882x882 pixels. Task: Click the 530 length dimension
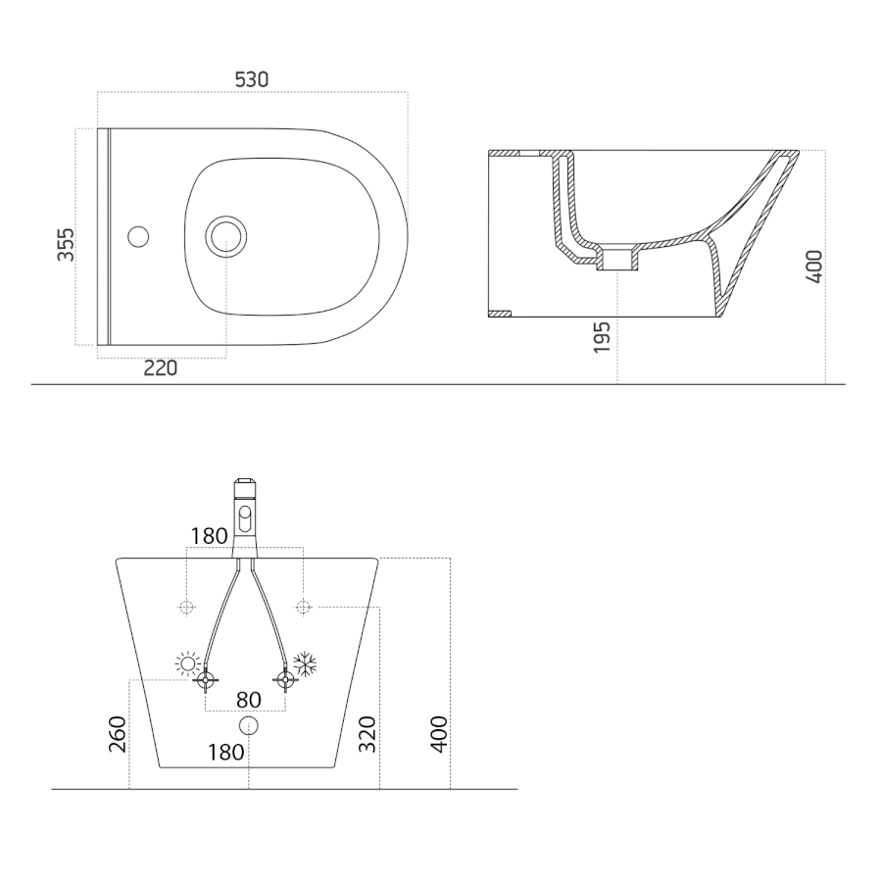[252, 80]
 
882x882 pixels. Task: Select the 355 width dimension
[66, 244]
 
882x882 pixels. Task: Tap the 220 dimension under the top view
[161, 367]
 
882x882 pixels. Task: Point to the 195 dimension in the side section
[602, 337]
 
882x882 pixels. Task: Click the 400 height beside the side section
[814, 266]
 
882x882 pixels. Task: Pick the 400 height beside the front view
[439, 733]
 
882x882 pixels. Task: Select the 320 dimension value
[367, 733]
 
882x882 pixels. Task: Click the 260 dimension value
[117, 733]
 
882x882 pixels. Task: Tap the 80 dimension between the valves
[249, 700]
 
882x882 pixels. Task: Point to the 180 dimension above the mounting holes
[209, 537]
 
